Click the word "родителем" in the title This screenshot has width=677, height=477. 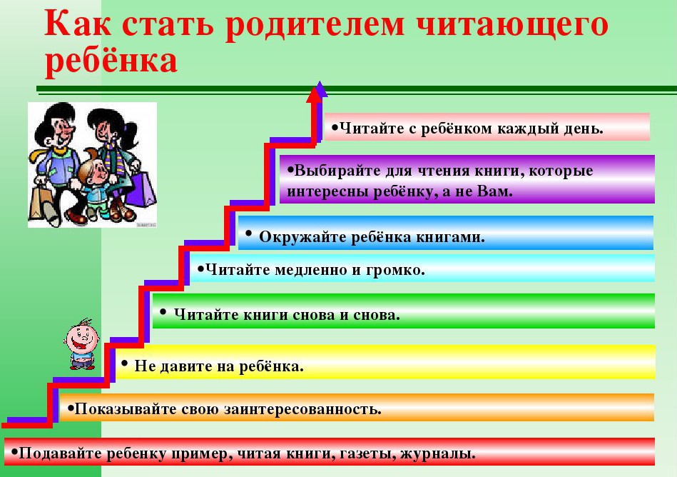pos(315,24)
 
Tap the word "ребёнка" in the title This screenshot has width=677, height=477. pos(111,60)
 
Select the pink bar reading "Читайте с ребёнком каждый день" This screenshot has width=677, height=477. pos(487,127)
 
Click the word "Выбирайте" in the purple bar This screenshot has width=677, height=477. pos(333,171)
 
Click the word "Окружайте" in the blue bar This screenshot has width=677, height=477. pos(301,237)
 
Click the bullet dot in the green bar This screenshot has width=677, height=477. pos(163,311)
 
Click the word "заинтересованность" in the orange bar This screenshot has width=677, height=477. pos(302,409)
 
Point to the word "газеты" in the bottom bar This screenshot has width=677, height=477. pos(367,454)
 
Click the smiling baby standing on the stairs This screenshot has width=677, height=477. pos(82,344)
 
